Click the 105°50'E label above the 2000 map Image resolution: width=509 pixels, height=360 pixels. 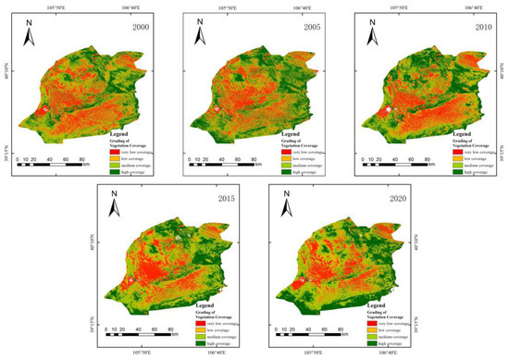click(65, 6)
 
